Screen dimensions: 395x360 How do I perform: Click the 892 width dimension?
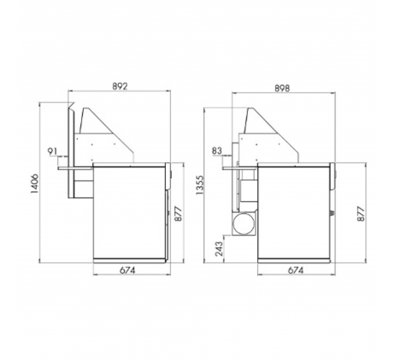(x=120, y=86)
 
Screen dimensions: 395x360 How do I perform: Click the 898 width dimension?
(x=282, y=88)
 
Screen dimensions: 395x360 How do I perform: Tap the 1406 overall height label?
(x=35, y=183)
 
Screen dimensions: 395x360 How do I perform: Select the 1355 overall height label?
(x=200, y=186)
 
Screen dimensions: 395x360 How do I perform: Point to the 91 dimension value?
(x=52, y=151)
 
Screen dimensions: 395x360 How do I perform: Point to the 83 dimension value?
(x=217, y=150)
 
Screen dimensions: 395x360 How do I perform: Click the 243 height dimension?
(x=219, y=249)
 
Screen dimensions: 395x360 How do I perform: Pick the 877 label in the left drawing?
(x=178, y=214)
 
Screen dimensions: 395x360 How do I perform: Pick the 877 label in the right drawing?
(x=361, y=214)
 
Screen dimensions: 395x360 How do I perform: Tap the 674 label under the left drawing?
(x=127, y=270)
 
